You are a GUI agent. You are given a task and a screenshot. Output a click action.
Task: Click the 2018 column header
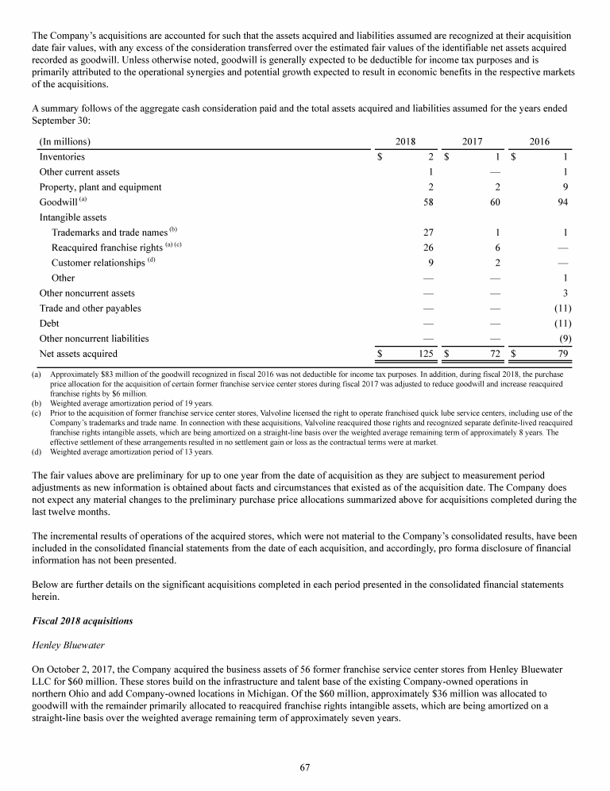[405, 141]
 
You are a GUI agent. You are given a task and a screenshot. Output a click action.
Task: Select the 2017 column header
[473, 141]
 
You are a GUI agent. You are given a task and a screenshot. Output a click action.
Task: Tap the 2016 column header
[539, 141]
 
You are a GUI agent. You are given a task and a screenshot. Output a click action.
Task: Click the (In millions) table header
[64, 141]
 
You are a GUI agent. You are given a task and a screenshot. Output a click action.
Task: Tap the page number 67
[304, 766]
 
